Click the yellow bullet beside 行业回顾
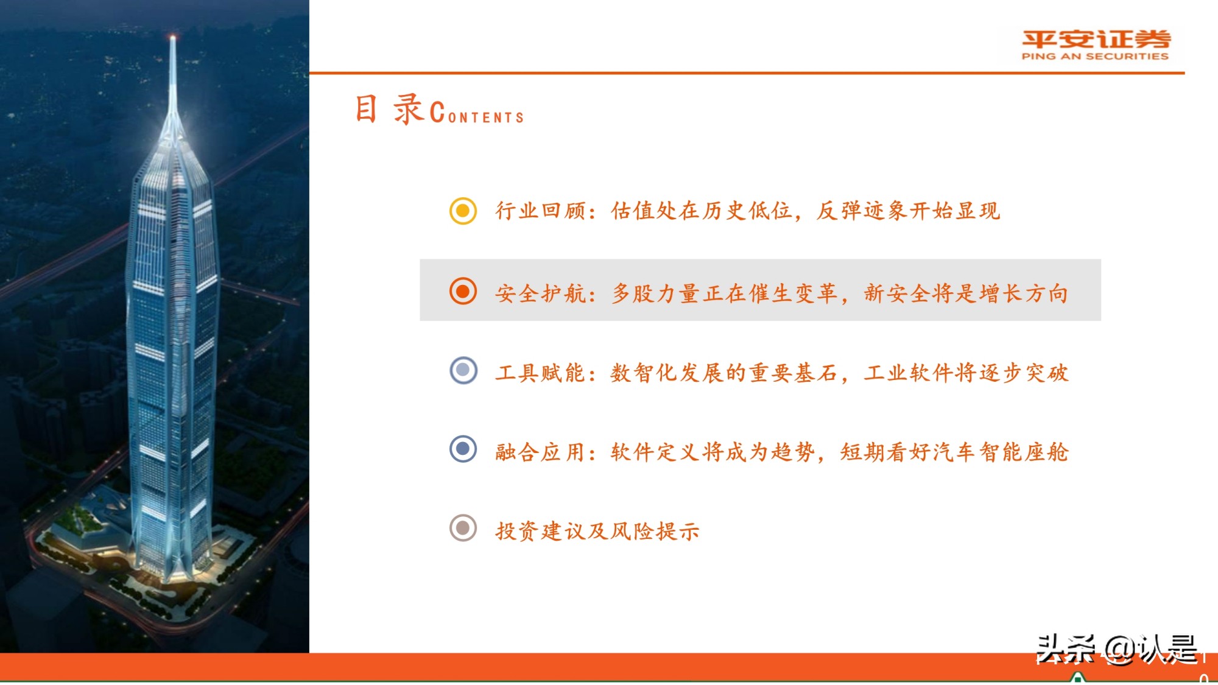(463, 211)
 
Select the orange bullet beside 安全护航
(463, 291)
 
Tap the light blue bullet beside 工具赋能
(463, 370)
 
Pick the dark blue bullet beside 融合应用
(463, 449)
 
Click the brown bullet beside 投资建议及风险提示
(463, 528)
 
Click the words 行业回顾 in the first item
(540, 211)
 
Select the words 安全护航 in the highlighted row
(540, 293)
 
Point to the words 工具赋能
(540, 373)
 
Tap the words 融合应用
(540, 452)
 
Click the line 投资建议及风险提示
(597, 531)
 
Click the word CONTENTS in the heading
(477, 114)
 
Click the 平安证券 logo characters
(1096, 40)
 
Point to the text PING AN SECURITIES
(1095, 57)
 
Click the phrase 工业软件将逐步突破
(966, 373)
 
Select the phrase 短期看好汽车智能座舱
(954, 452)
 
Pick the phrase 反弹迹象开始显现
(908, 211)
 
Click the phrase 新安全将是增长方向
(966, 293)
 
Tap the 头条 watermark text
(1066, 649)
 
